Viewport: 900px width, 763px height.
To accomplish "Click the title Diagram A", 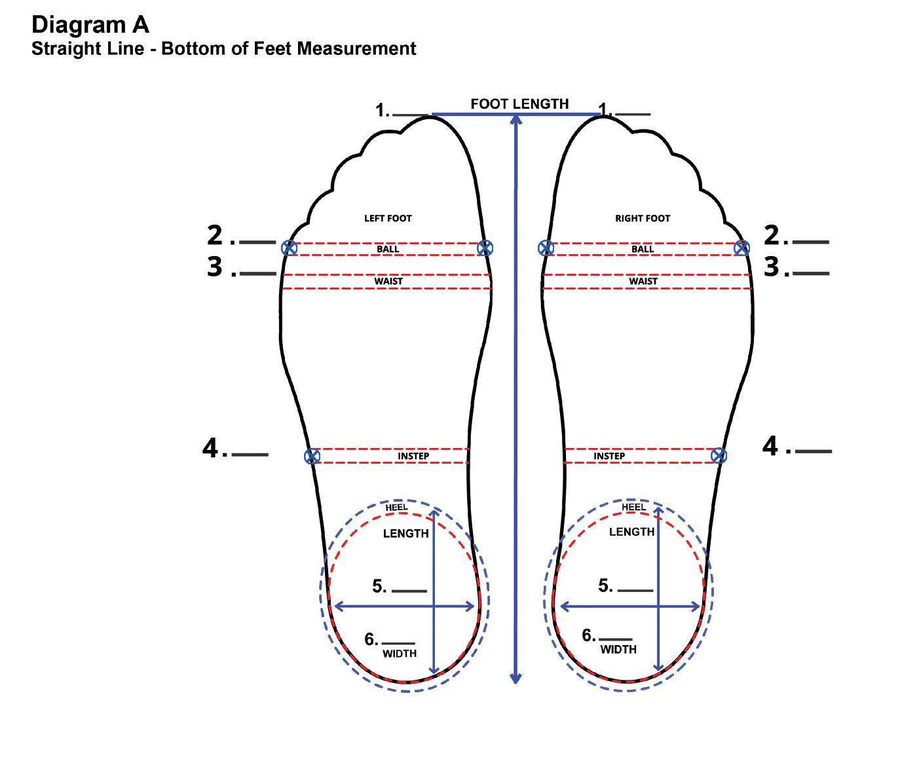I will point(90,25).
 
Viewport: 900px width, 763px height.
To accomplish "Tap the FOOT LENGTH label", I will point(519,104).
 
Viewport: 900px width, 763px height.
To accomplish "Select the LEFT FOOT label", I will point(388,219).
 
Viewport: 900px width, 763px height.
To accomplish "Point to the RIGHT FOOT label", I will point(643,219).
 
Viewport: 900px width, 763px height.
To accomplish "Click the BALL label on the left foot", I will point(388,250).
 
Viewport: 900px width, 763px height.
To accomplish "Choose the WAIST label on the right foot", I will point(643,282).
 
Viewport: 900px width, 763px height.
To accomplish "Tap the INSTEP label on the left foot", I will point(413,456).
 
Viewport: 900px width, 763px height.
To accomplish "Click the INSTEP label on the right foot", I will point(609,456).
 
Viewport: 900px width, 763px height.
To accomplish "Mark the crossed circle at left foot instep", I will point(312,456).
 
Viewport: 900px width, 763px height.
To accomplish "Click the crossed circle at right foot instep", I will point(719,456).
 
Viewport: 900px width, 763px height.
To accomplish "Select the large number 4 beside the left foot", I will point(210,449).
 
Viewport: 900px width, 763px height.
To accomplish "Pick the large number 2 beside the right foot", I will point(772,236).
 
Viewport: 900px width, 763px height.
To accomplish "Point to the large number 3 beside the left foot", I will point(215,267).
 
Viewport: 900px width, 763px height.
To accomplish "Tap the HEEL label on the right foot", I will point(633,508).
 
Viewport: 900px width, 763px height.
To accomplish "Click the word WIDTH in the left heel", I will point(400,654).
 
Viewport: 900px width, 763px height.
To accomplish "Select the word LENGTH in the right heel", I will point(631,532).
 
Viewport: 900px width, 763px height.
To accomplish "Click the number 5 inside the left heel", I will point(379,586).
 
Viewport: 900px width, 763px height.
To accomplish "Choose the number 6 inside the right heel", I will point(588,635).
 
